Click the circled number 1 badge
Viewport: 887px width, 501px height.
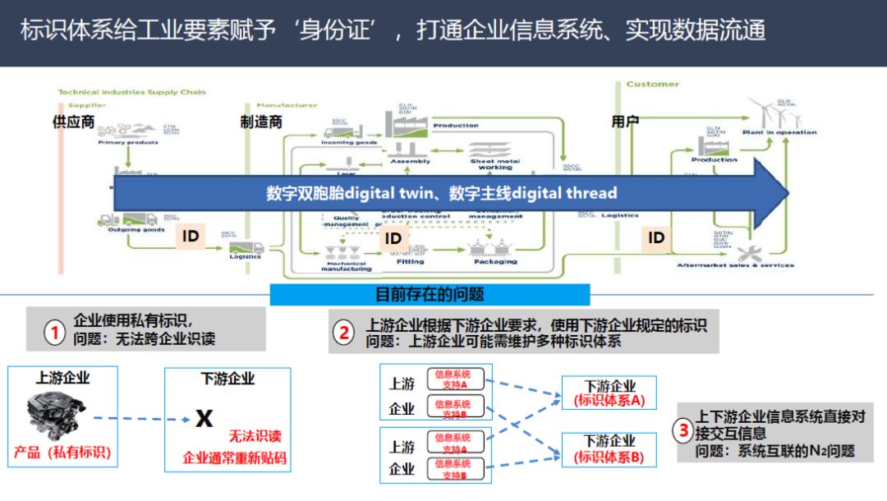click(x=55, y=333)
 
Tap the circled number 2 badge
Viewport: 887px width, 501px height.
click(x=345, y=333)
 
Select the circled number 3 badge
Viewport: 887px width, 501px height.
click(x=683, y=430)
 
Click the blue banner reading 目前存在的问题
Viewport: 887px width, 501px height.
click(x=430, y=294)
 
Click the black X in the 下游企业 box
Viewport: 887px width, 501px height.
click(x=204, y=419)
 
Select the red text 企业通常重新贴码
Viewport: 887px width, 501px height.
click(x=235, y=457)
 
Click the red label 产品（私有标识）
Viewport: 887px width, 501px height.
click(x=62, y=452)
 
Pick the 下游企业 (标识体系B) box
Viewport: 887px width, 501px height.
click(x=609, y=449)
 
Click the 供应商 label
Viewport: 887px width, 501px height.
click(x=73, y=122)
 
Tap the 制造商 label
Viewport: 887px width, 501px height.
click(x=261, y=122)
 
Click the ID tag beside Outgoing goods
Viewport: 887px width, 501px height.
click(x=191, y=237)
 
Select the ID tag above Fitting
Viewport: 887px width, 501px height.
click(x=394, y=239)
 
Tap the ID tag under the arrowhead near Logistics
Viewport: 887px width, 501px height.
click(x=656, y=237)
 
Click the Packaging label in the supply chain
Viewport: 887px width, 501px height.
click(x=495, y=261)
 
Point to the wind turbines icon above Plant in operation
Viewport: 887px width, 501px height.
click(x=773, y=113)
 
